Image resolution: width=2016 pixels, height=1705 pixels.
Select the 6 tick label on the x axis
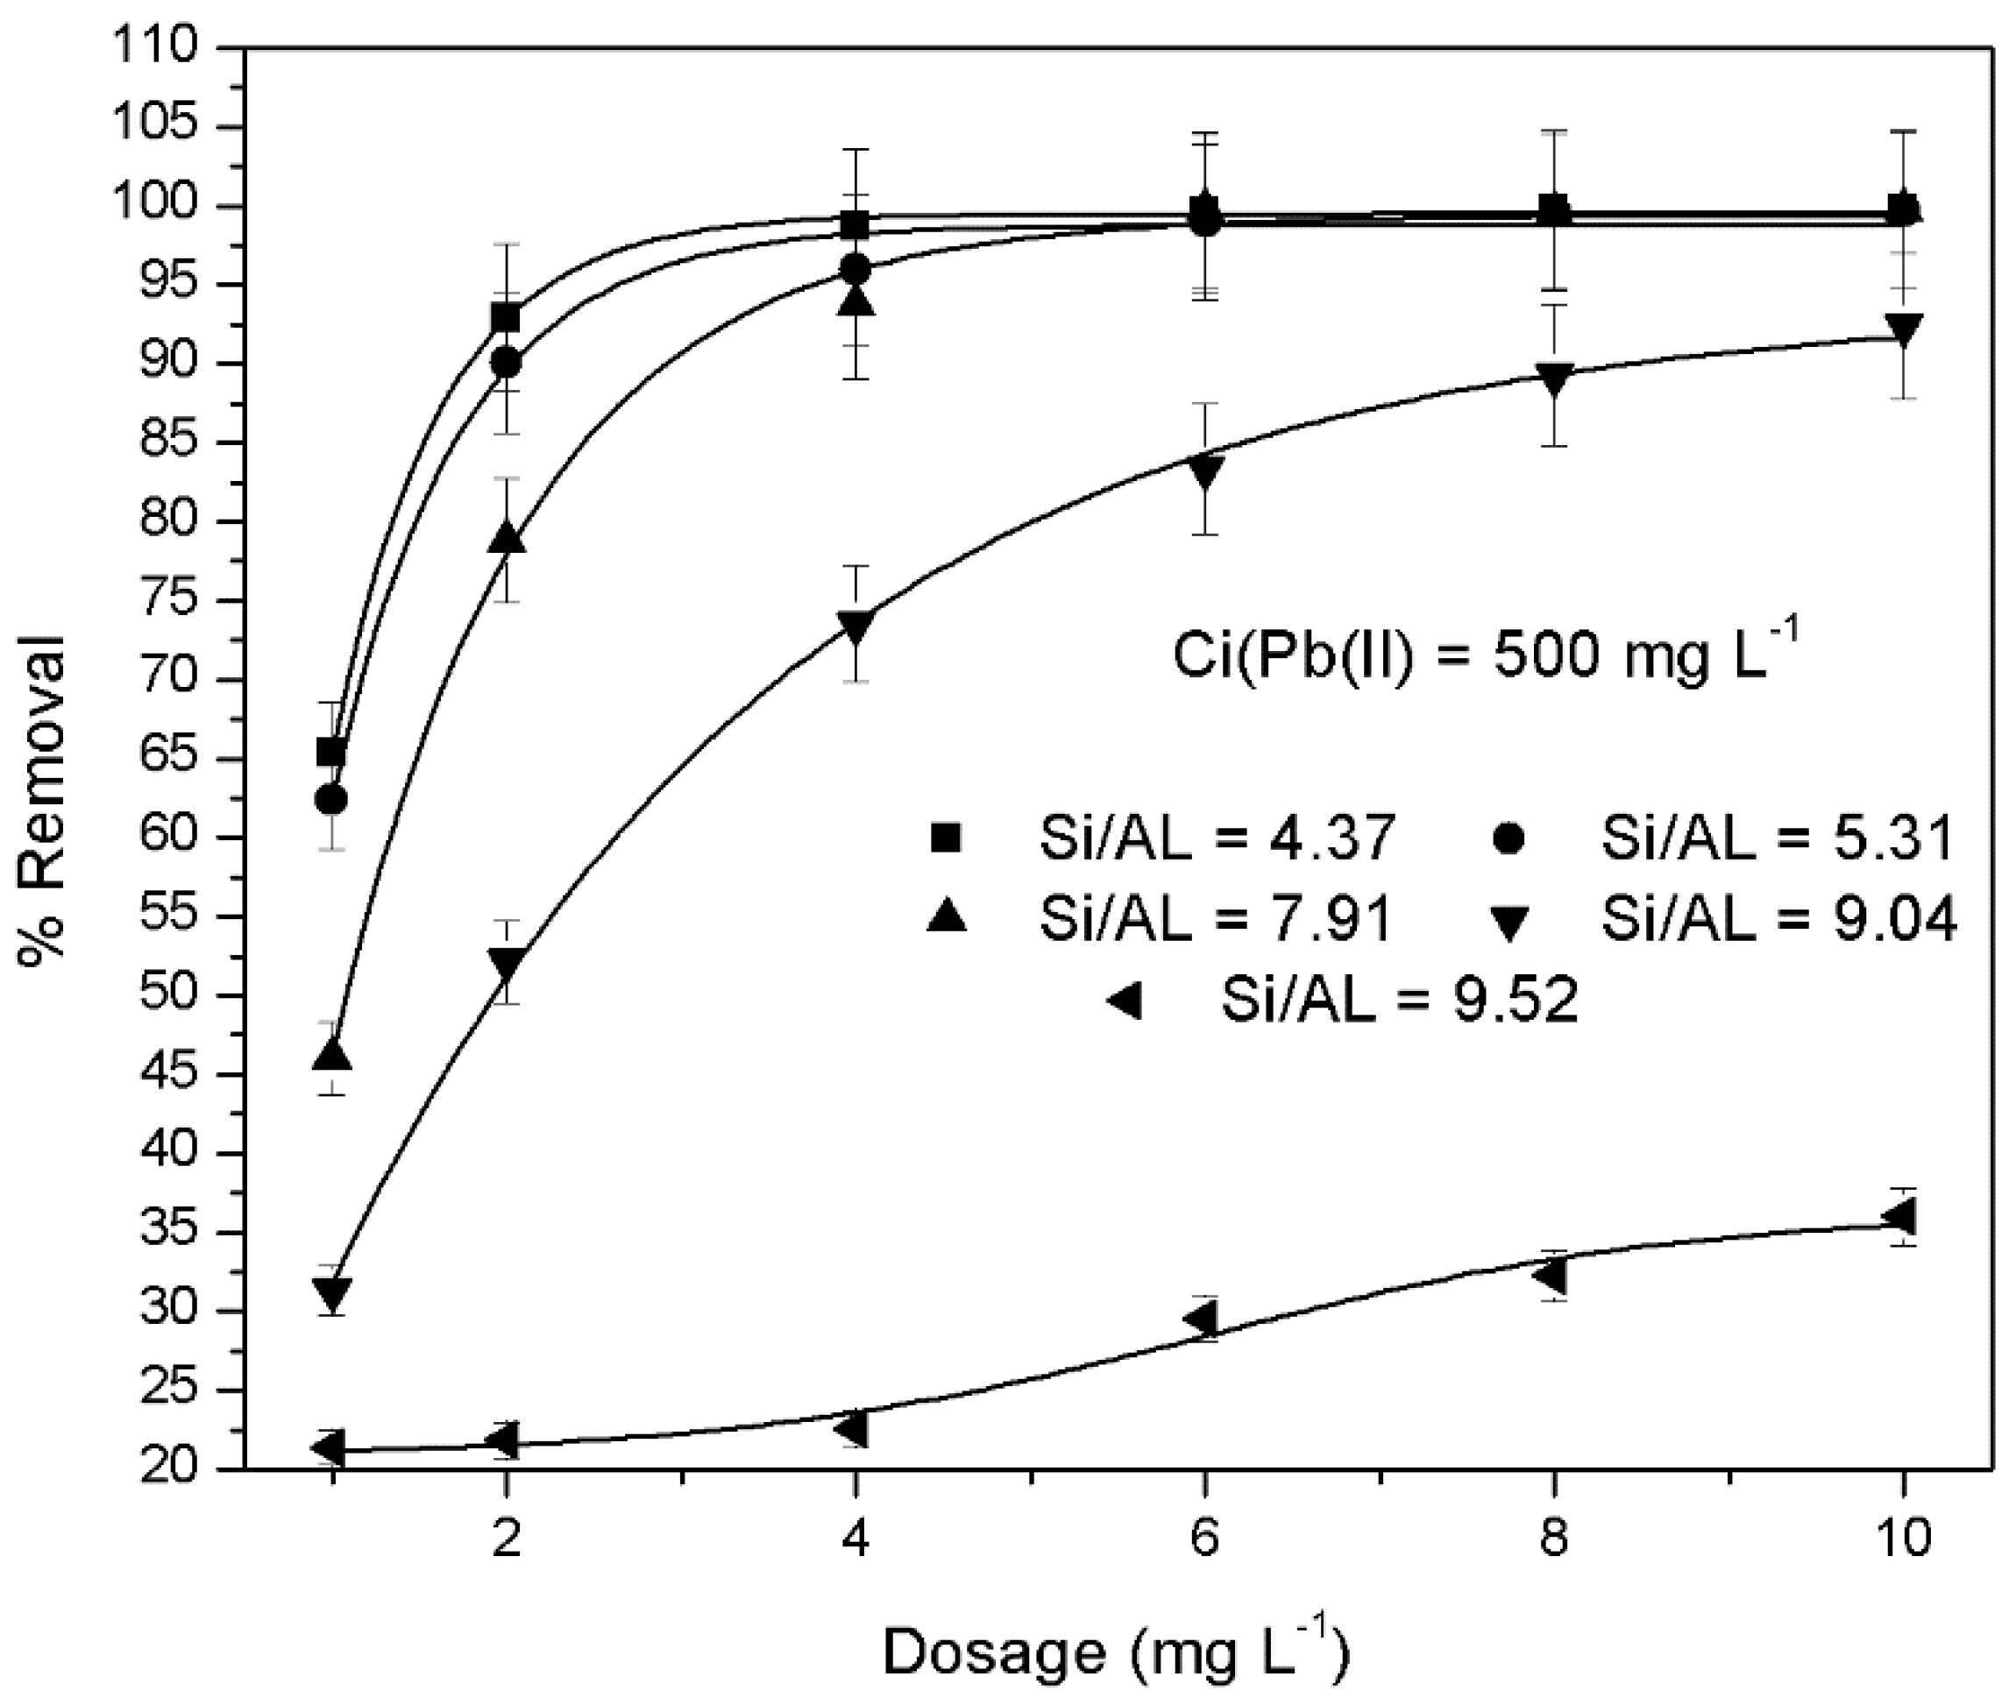pyautogui.click(x=1203, y=1537)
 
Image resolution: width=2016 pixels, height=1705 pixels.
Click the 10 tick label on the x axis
pyautogui.click(x=1902, y=1537)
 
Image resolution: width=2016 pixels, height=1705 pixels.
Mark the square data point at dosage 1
pyautogui.click(x=331, y=751)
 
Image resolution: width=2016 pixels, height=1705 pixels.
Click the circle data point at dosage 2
pyautogui.click(x=506, y=364)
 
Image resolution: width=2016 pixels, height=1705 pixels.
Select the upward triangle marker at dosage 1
pyautogui.click(x=332, y=1056)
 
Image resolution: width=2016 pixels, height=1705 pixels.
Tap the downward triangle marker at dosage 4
pyautogui.click(x=855, y=626)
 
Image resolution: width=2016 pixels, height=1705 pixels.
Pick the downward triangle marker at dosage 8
pyautogui.click(x=1554, y=378)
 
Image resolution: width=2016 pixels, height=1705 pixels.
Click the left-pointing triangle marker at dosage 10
pyautogui.click(x=1899, y=1216)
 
